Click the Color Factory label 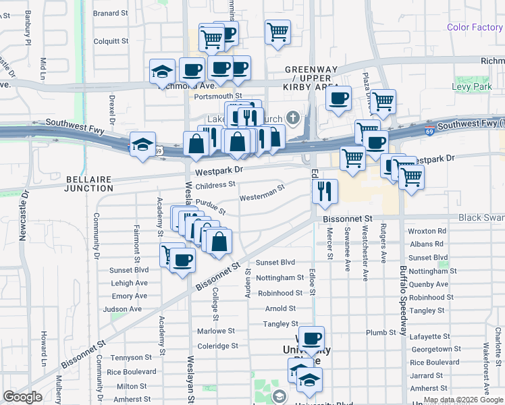pos(475,28)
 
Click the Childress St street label pos(215,184)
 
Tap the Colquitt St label pos(111,41)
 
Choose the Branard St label pos(111,13)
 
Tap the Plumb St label pos(381,333)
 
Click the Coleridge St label pos(216,346)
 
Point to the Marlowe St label pos(216,331)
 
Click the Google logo pos(23,397)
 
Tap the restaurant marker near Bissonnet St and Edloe pos(325,191)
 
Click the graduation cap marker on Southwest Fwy pos(143,144)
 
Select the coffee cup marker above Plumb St pos(311,339)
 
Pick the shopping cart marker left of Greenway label pos(277,31)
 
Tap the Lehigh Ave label pos(130,283)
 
